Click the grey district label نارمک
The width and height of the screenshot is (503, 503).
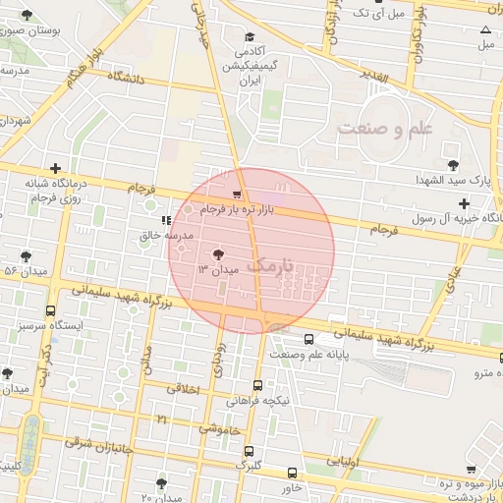(x=269, y=265)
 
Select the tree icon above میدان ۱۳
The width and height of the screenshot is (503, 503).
(x=217, y=252)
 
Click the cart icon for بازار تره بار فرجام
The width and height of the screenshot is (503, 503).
(x=237, y=194)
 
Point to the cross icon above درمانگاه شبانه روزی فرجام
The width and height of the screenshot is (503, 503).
(x=55, y=168)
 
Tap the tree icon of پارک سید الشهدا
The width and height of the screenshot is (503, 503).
(x=453, y=165)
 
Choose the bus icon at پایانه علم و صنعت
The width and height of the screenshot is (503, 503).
(x=308, y=340)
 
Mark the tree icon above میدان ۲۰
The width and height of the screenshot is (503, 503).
(x=162, y=482)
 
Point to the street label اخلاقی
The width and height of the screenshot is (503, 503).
(x=184, y=389)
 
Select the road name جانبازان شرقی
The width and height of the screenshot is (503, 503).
(x=102, y=441)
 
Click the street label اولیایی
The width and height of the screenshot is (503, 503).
(x=344, y=459)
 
